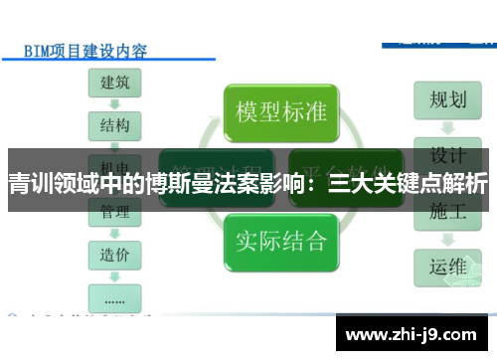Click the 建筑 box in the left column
pos(114,84)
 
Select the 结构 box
pos(114,126)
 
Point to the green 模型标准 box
pos(281,111)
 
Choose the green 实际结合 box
pos(281,240)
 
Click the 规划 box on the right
pos(447,100)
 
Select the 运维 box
pos(447,268)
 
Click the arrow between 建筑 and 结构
pos(114,104)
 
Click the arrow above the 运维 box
pos(447,240)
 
